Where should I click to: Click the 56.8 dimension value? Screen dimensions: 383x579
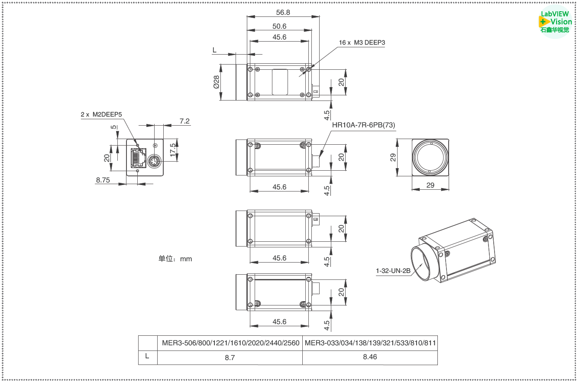[x=283, y=12]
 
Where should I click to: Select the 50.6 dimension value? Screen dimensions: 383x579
[x=279, y=26]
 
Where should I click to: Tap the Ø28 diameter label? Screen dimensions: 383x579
[x=216, y=82]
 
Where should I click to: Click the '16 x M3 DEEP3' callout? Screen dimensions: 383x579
[x=362, y=42]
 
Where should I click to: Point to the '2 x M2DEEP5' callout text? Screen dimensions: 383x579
[x=101, y=115]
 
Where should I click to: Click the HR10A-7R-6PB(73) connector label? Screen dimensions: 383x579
[x=363, y=125]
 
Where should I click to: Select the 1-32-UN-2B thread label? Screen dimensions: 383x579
[x=393, y=271]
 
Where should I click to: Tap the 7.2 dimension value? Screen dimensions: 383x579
[x=184, y=121]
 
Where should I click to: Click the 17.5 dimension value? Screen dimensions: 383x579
[x=173, y=150]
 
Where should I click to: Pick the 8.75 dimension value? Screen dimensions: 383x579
[x=103, y=180]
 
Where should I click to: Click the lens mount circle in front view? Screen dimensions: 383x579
[x=430, y=157]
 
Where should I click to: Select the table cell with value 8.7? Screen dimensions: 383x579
[x=230, y=357]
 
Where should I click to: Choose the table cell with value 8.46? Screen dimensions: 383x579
[x=370, y=357]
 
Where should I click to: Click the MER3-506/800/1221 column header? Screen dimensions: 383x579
[x=230, y=343]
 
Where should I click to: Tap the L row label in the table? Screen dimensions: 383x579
[x=147, y=357]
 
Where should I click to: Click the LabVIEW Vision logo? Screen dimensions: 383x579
[x=556, y=22]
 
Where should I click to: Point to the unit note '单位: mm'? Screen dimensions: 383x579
[x=175, y=259]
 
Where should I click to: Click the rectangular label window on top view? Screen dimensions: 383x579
[x=279, y=82]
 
